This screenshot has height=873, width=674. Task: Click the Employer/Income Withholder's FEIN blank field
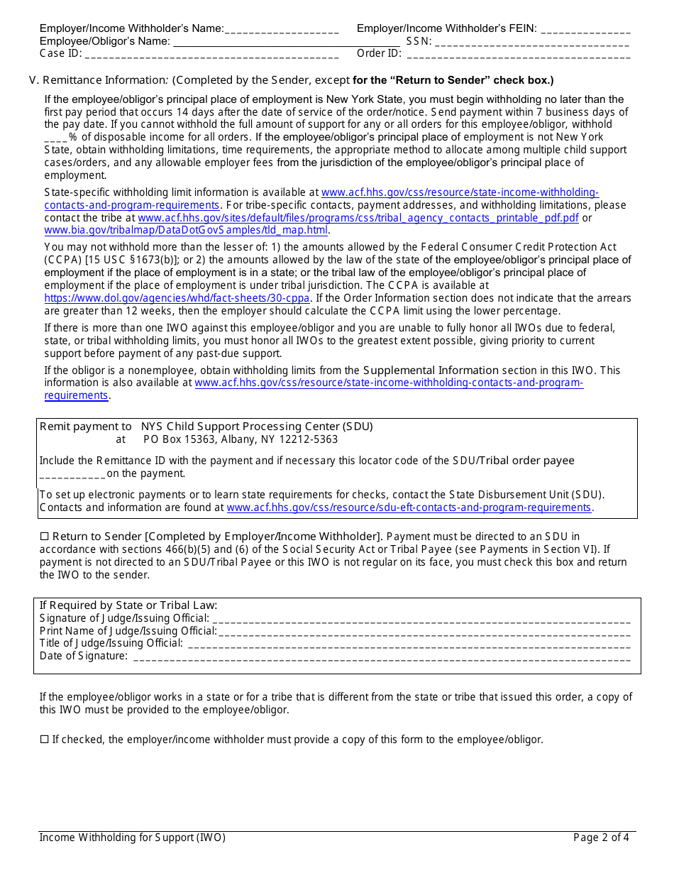pyautogui.click(x=585, y=30)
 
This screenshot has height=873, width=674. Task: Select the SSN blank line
pyautogui.click(x=532, y=42)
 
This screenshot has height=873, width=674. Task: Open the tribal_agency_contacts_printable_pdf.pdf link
pyautogui.click(x=358, y=218)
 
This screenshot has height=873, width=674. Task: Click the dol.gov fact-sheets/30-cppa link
pyautogui.click(x=177, y=298)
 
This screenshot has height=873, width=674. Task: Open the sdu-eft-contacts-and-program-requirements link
pyautogui.click(x=409, y=507)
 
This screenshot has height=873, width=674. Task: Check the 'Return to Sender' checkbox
pyautogui.click(x=44, y=537)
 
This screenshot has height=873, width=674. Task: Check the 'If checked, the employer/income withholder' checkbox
pyautogui.click(x=44, y=740)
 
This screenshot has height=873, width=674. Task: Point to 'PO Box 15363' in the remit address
pyautogui.click(x=175, y=439)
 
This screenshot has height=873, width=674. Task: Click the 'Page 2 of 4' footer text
pyautogui.click(x=601, y=838)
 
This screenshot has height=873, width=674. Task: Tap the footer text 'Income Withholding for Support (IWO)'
pyautogui.click(x=133, y=838)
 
